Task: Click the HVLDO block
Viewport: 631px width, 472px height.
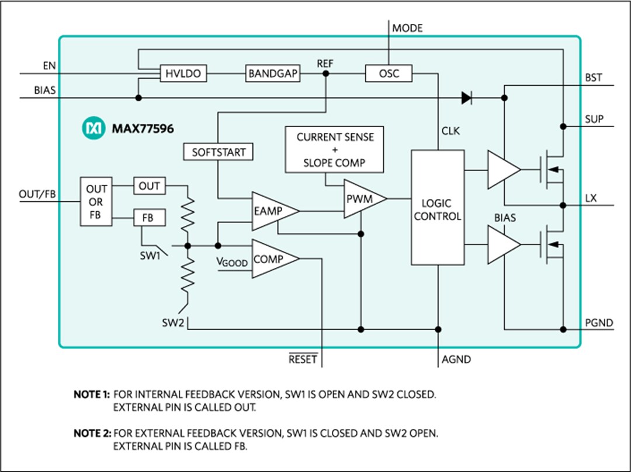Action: pyautogui.click(x=183, y=74)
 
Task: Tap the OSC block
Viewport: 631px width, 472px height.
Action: pyautogui.click(x=389, y=74)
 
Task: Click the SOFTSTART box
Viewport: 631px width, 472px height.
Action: pyautogui.click(x=219, y=152)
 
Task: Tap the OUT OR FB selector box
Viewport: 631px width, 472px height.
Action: pyautogui.click(x=96, y=202)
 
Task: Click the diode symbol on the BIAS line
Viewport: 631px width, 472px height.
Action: pyautogui.click(x=466, y=98)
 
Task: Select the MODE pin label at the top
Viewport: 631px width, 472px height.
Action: pyautogui.click(x=407, y=28)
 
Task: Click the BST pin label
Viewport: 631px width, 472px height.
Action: pyautogui.click(x=594, y=78)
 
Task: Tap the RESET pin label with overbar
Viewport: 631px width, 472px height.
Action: pyautogui.click(x=303, y=359)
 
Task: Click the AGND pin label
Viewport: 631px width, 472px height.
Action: pyautogui.click(x=456, y=359)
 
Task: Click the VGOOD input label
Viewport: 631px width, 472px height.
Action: pyautogui.click(x=233, y=263)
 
